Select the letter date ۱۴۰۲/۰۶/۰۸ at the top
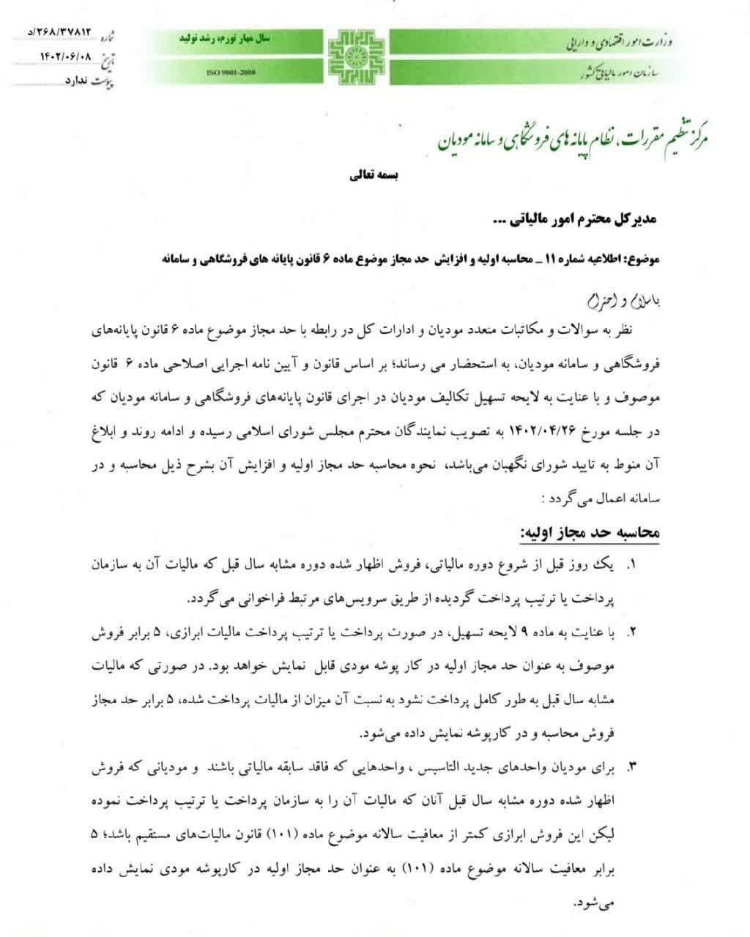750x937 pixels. pos(69,55)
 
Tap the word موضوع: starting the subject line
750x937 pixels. pos(642,259)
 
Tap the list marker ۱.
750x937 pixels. pos(633,567)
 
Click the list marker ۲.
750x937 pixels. pos(633,632)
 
